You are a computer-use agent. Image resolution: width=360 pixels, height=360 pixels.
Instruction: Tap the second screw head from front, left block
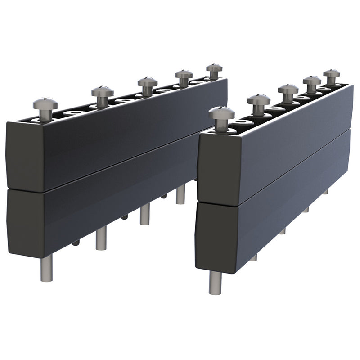(102, 92)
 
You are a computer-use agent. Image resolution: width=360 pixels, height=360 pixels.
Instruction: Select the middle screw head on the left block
(147, 82)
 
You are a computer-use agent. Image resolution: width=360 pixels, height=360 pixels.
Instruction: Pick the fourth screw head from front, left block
(184, 74)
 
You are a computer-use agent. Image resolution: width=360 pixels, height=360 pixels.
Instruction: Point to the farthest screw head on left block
(214, 68)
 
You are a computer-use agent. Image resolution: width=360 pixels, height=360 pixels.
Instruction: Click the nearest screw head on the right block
(221, 113)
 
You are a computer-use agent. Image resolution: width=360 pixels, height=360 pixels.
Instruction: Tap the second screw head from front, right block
(258, 99)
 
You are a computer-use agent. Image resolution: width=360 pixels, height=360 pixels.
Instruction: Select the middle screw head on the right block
(288, 89)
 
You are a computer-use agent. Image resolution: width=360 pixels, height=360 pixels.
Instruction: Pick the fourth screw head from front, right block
(312, 81)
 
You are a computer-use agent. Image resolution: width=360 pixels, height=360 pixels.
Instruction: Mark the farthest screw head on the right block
(332, 73)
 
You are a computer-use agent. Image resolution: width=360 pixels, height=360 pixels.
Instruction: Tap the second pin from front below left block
(101, 238)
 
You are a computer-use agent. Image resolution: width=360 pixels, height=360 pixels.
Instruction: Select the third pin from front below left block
(144, 214)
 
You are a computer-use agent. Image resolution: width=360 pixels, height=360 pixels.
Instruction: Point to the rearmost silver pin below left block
(180, 194)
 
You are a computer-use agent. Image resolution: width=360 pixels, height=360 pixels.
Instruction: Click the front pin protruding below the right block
(215, 282)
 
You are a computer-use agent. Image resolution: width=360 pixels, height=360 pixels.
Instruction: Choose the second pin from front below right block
(253, 258)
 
